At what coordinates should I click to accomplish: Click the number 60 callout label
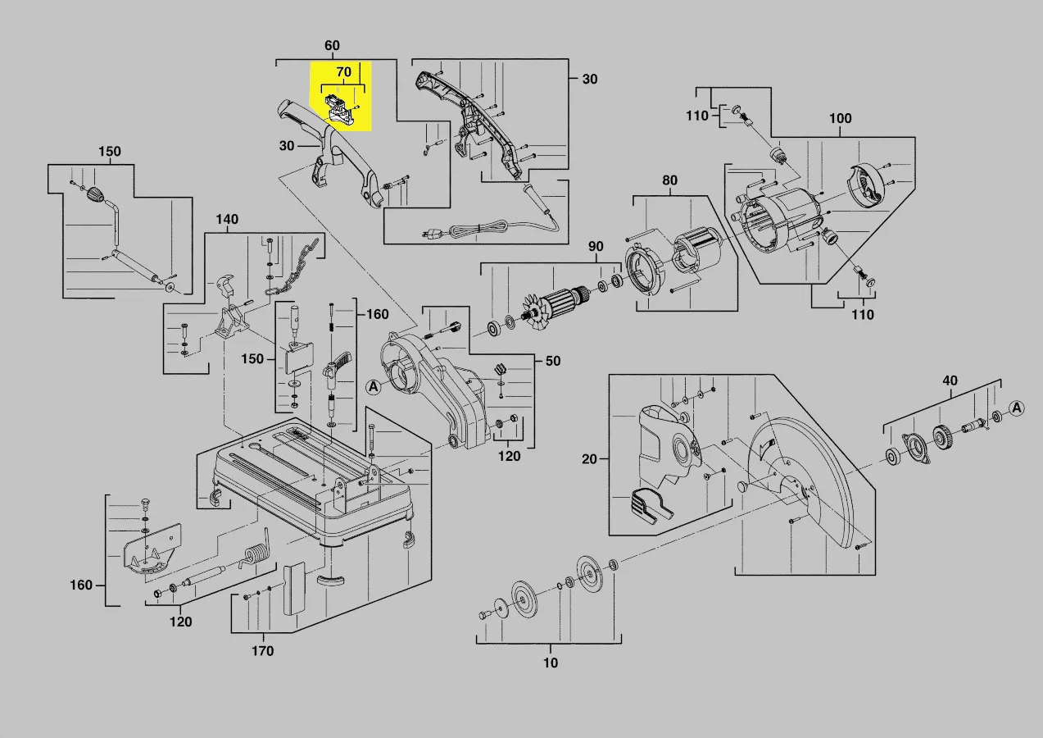click(332, 45)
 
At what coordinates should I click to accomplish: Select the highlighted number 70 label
click(343, 72)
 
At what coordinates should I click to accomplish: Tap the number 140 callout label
click(227, 220)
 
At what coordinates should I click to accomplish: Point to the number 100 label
click(840, 119)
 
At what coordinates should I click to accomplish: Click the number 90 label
click(596, 247)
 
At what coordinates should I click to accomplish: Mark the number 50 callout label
click(553, 362)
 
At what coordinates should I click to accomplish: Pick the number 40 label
click(950, 380)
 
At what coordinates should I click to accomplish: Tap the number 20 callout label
click(590, 459)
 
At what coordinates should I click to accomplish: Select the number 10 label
click(551, 663)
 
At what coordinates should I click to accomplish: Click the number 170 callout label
click(262, 651)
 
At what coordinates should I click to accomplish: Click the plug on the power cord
click(430, 235)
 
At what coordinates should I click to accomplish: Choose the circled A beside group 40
click(1017, 408)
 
